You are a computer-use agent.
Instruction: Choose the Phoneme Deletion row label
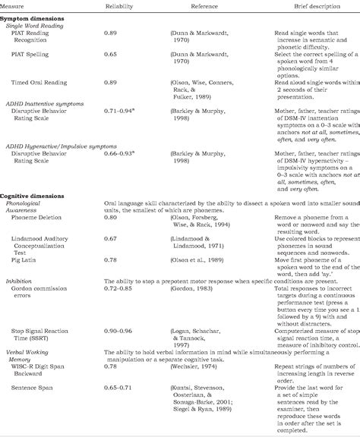point(42,217)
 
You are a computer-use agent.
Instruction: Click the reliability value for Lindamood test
point(110,239)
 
